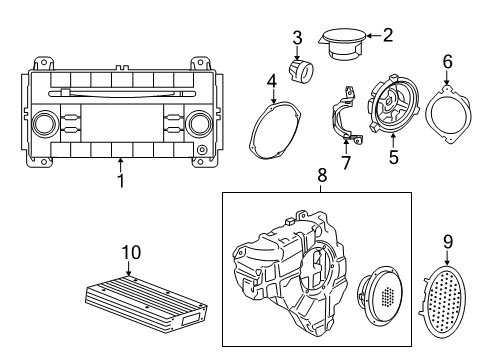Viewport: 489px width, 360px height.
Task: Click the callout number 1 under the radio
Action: pyautogui.click(x=120, y=181)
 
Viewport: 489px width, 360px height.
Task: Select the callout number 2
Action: pyautogui.click(x=387, y=35)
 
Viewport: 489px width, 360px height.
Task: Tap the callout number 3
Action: pyautogui.click(x=297, y=37)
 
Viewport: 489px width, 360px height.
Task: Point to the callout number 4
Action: pyautogui.click(x=271, y=80)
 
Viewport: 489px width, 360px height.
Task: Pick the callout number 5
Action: pyautogui.click(x=392, y=156)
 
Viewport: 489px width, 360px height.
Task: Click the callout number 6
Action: pyautogui.click(x=447, y=61)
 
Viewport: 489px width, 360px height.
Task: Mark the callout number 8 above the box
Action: pyautogui.click(x=321, y=176)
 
